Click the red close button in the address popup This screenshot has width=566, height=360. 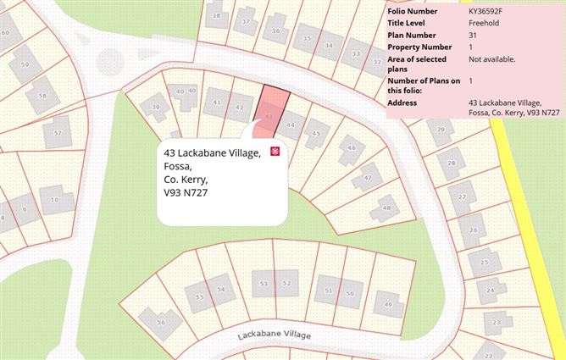point(275,152)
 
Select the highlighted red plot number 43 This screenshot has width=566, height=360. point(269,116)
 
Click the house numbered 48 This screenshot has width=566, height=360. point(386,206)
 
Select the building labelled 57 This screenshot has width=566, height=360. point(58,133)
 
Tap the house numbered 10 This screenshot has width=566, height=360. point(54,200)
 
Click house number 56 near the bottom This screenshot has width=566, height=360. point(161,322)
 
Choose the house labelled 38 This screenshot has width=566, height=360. point(219,15)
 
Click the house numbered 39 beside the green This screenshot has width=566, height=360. point(155,107)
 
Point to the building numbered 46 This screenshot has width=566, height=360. point(350,150)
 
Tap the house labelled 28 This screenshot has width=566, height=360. point(452,163)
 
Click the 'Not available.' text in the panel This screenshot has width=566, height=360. point(491,59)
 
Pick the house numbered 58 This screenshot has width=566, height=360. point(42,96)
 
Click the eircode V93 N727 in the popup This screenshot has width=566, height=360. point(186,193)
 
